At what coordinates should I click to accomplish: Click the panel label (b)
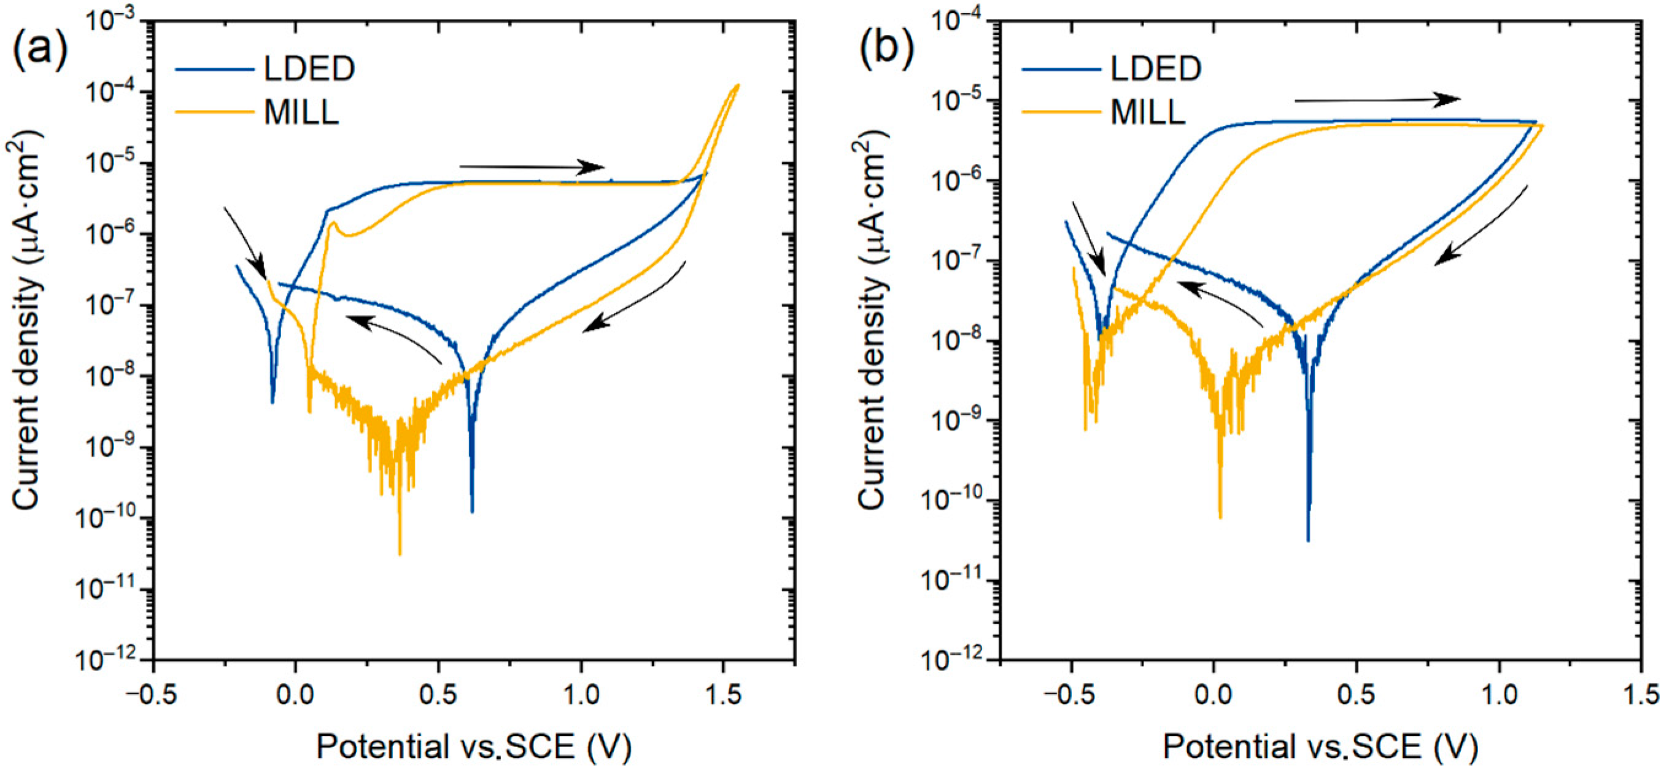[886, 50]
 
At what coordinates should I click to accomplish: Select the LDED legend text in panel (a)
[309, 68]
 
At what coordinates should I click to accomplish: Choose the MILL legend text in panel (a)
[301, 112]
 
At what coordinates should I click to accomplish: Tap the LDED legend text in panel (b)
[1155, 68]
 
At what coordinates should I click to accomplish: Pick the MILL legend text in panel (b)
[1148, 112]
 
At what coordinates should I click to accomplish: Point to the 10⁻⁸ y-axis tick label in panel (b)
[958, 341]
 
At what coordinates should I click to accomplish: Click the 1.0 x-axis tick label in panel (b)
[1499, 695]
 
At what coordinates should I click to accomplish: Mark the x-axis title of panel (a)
[474, 747]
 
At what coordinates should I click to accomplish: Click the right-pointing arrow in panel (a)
[532, 168]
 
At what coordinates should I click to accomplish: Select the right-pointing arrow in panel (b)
[1378, 100]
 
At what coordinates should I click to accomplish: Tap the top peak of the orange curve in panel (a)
[737, 85]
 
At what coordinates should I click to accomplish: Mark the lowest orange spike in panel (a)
[400, 554]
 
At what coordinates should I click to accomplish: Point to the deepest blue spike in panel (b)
[1308, 540]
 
